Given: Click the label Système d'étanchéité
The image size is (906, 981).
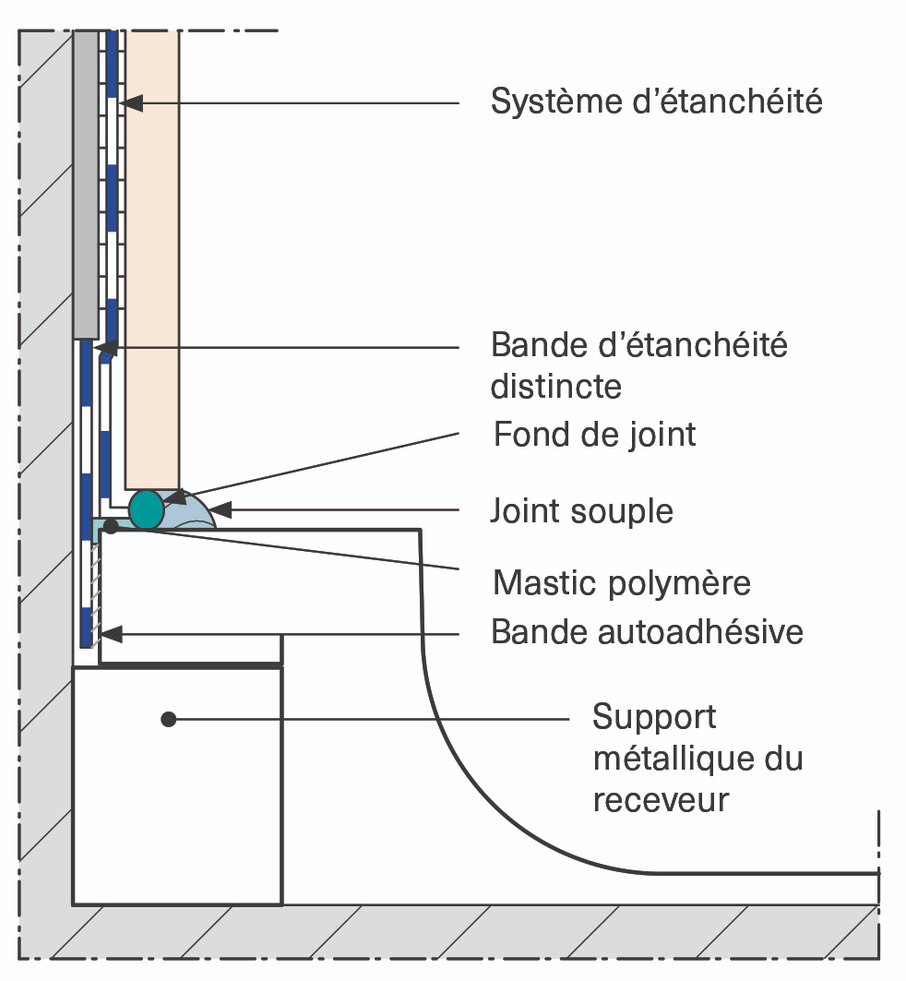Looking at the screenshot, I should pos(656,102).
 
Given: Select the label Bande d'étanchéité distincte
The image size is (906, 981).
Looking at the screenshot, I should pos(639,365).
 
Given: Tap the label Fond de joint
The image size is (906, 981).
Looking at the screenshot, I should pos(594,434).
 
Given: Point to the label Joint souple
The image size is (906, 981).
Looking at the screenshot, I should pos(582,510).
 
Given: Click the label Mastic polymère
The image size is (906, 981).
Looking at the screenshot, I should pos(622,583).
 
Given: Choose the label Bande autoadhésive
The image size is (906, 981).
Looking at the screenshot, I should pos(647,632).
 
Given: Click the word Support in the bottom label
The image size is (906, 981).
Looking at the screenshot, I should pos(654,717).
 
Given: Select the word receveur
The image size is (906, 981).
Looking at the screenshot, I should pos(661,799).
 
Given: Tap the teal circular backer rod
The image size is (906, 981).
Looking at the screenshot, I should pos(146,509).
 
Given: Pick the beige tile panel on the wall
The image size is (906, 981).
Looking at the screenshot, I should pos(152,258).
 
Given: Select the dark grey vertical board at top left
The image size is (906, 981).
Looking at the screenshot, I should pos(85,185).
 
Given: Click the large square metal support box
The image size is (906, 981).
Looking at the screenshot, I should pos(177,784).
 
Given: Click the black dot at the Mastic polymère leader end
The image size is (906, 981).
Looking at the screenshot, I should pos(111,526).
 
